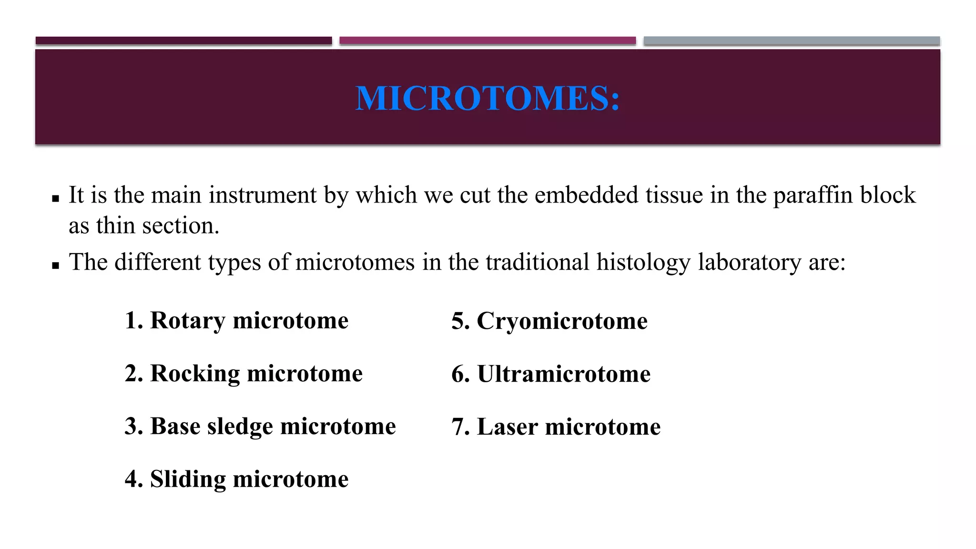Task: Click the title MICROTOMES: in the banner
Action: (x=488, y=99)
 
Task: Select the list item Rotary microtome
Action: (x=236, y=320)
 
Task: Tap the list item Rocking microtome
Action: (x=244, y=373)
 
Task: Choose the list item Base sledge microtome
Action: (x=260, y=426)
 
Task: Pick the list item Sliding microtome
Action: (x=236, y=479)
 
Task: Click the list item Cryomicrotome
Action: (x=549, y=321)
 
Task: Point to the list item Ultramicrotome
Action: (x=551, y=374)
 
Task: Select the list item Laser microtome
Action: (x=556, y=427)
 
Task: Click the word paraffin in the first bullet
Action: (x=813, y=195)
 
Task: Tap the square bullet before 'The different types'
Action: (x=55, y=265)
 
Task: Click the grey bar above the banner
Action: (x=791, y=41)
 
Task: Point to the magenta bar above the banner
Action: (x=488, y=41)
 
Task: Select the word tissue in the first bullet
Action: (x=674, y=195)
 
